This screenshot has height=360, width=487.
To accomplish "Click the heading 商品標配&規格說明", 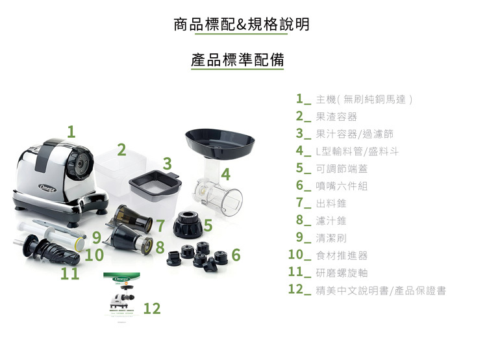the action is [242, 24].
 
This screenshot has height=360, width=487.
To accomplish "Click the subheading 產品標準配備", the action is [238, 60].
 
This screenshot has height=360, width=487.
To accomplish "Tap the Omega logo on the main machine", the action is [48, 188].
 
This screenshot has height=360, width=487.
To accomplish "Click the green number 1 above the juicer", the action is [71, 131].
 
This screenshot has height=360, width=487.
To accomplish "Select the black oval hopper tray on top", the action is [219, 144].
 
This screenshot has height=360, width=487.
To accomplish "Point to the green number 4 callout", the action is [226, 174].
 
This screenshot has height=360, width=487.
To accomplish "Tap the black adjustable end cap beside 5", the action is [188, 224].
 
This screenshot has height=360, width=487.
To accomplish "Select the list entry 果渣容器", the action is [336, 116].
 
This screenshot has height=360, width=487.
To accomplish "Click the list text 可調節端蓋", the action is [342, 168].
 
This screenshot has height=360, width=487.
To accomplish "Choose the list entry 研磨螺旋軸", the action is [342, 273].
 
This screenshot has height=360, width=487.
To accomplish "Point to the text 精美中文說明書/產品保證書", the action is [381, 290].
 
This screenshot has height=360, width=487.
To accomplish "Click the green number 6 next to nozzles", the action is [236, 255].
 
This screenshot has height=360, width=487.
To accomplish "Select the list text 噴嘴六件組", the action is [342, 186].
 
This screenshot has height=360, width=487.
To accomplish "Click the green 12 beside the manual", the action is [152, 309].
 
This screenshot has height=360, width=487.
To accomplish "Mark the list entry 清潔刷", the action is [331, 238].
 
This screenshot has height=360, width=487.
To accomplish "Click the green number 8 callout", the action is [160, 247].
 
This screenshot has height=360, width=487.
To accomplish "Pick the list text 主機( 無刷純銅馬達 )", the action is [364, 99].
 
